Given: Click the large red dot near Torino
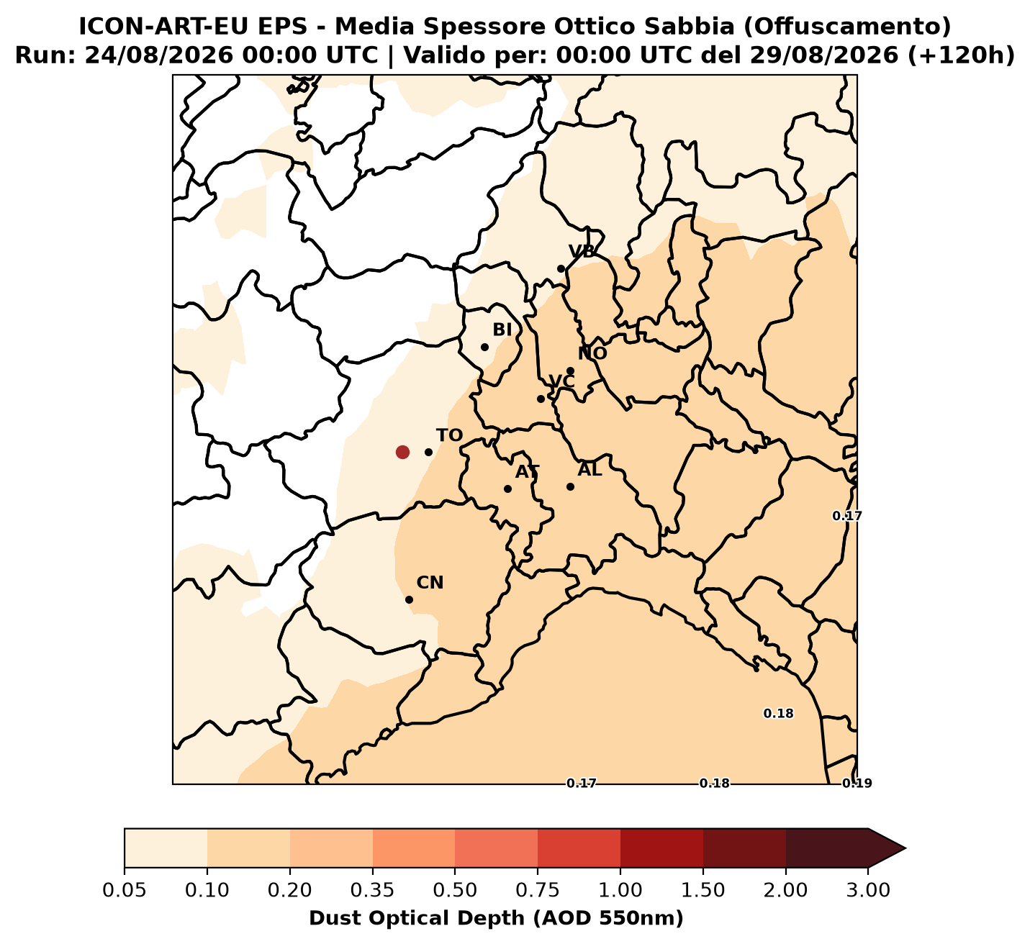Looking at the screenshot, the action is [402, 453].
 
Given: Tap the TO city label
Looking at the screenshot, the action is [449, 435].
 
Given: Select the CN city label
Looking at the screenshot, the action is [430, 583].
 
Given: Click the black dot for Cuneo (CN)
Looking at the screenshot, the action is [410, 599].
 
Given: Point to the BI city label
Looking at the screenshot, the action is [502, 330].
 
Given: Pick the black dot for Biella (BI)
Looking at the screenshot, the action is [484, 347].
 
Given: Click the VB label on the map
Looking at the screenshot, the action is [582, 251].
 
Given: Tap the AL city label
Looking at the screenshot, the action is [589, 469].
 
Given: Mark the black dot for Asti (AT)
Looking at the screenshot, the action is [508, 489].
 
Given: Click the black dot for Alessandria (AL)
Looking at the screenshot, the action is [571, 486].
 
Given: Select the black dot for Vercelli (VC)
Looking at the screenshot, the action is [541, 399].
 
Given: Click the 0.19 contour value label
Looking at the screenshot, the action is [857, 784].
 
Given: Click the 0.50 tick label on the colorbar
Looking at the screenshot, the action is [455, 890].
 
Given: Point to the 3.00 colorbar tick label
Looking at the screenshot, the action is [868, 890].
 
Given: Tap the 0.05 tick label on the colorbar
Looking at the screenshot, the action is [125, 890].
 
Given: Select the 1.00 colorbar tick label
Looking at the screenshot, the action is [620, 890].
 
